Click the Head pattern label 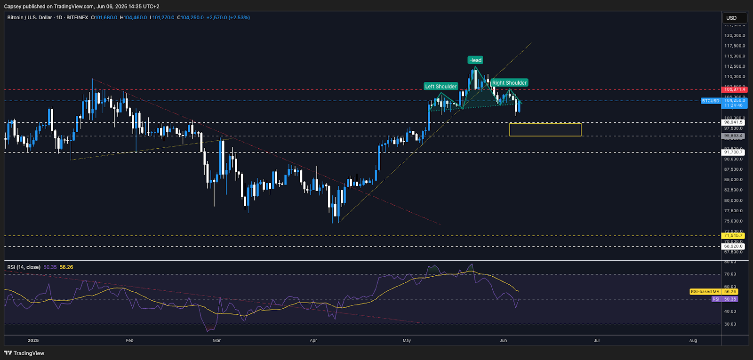coord(475,60)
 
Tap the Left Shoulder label coord(441,87)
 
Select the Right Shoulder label coord(509,83)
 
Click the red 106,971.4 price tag coord(734,89)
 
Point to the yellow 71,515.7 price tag coord(733,235)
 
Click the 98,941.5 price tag coord(733,122)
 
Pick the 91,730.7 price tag coord(733,152)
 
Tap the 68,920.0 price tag coord(733,246)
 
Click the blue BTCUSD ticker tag coord(710,101)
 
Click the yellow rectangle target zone coord(545,129)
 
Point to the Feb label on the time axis coord(130,340)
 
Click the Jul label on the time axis coord(597,340)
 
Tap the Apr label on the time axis coord(313,340)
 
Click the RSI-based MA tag coord(705,292)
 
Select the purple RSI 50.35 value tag coord(725,299)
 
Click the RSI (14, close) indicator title coord(24,267)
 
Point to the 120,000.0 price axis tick coord(734,36)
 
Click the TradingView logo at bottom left coord(24,353)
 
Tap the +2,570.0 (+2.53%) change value coord(228,17)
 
